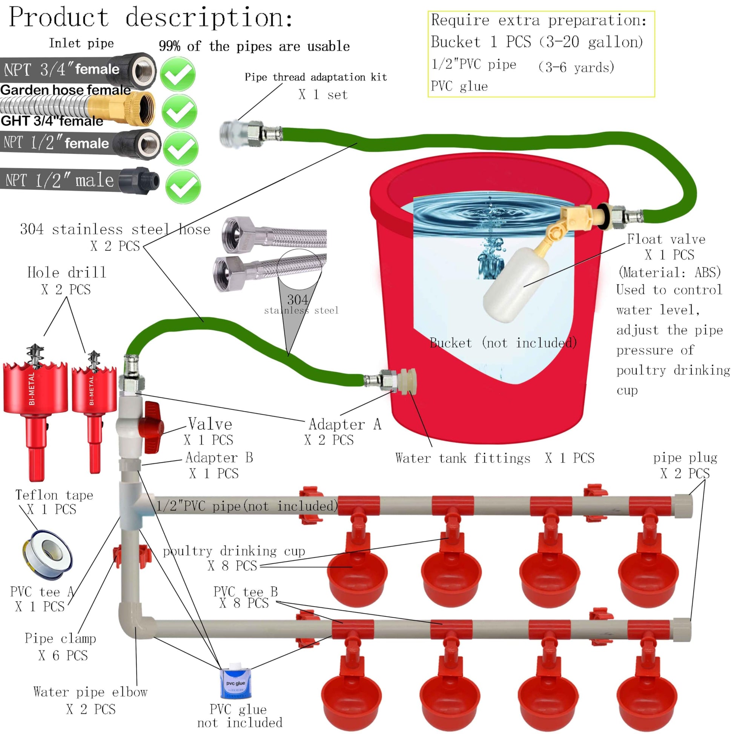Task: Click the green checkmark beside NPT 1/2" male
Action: pyautogui.click(x=183, y=187)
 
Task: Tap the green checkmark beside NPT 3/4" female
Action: pyautogui.click(x=177, y=74)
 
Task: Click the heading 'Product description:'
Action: pyautogui.click(x=151, y=17)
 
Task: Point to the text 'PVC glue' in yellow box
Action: pyautogui.click(x=459, y=87)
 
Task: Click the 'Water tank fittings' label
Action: pyautogui.click(x=462, y=458)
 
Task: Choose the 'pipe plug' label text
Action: pyautogui.click(x=685, y=458)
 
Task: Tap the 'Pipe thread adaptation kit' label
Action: pyautogui.click(x=316, y=77)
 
